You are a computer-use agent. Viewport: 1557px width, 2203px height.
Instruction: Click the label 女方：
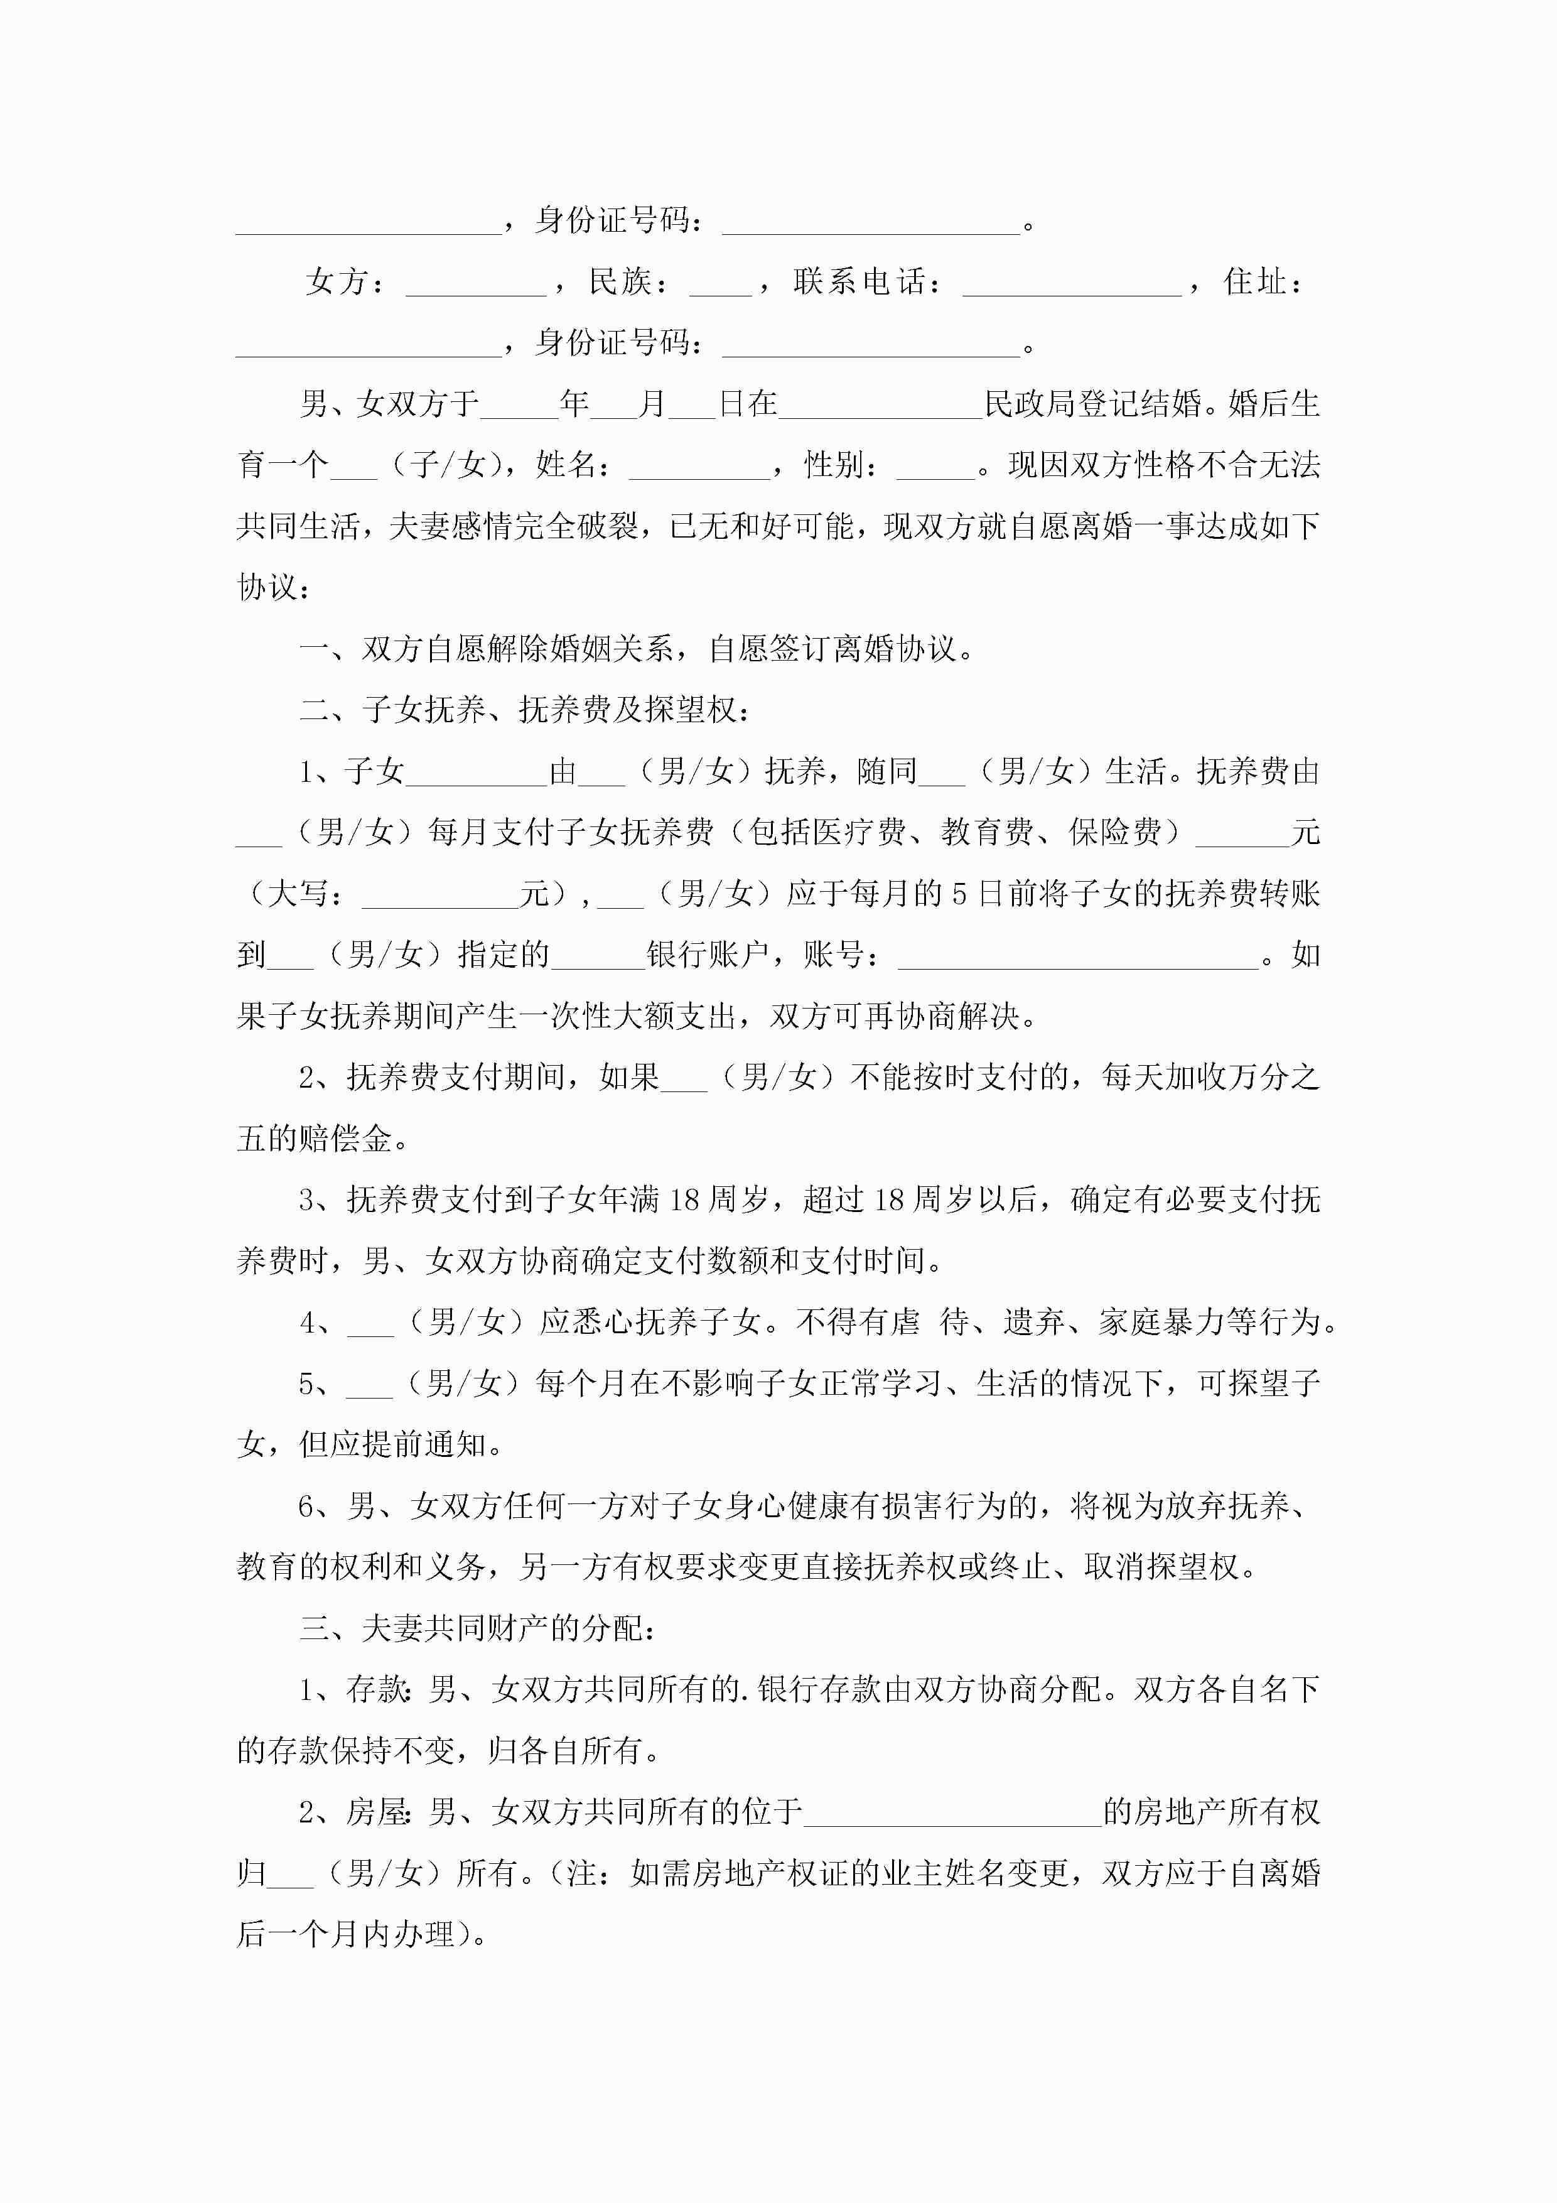tap(345, 282)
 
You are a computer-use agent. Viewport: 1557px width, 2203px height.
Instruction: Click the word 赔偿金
tap(345, 1139)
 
